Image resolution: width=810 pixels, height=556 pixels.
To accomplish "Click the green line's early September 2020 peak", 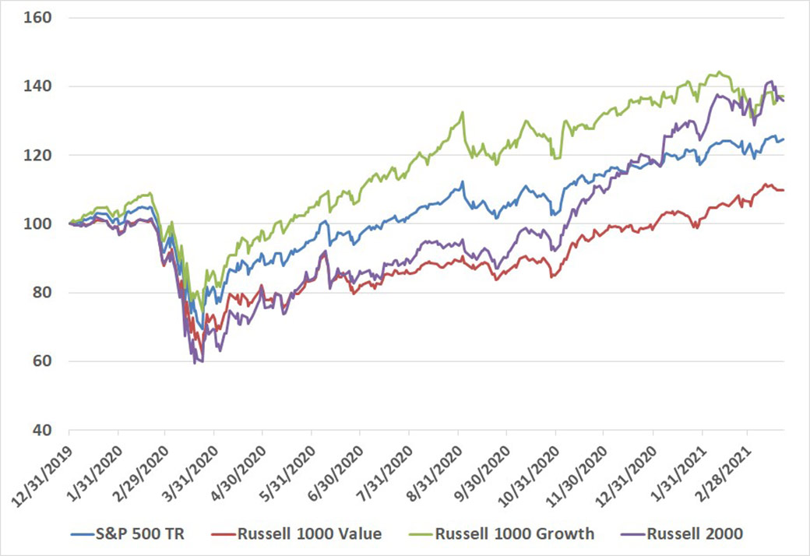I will (x=463, y=112).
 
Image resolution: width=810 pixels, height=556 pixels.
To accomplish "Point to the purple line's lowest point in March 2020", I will (x=195, y=363).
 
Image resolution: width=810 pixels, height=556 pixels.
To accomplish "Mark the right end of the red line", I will (x=784, y=190).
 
